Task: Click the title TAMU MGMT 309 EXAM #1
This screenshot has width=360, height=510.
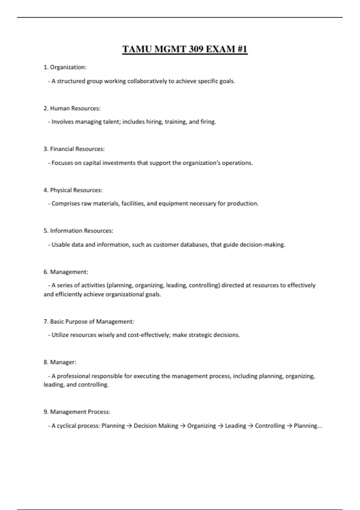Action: (185, 49)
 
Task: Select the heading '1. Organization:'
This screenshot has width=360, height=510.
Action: (65, 67)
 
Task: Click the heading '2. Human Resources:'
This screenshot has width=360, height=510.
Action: (72, 108)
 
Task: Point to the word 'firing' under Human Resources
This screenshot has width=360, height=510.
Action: (208, 122)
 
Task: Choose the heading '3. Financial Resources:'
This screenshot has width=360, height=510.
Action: (74, 149)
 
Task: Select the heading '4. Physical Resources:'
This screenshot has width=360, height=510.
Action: (73, 190)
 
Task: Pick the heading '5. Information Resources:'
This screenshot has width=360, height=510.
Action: (78, 231)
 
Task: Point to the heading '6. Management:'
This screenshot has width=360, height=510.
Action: (66, 272)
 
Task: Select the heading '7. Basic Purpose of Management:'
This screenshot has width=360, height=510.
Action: (89, 322)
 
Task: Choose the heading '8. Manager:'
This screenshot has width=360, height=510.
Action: (60, 362)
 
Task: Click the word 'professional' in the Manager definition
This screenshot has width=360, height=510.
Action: (73, 376)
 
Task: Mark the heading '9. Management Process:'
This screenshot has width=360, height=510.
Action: (77, 412)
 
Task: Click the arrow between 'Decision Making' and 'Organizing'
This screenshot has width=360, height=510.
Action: (183, 426)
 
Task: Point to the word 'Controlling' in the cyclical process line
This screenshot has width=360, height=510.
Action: (270, 426)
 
